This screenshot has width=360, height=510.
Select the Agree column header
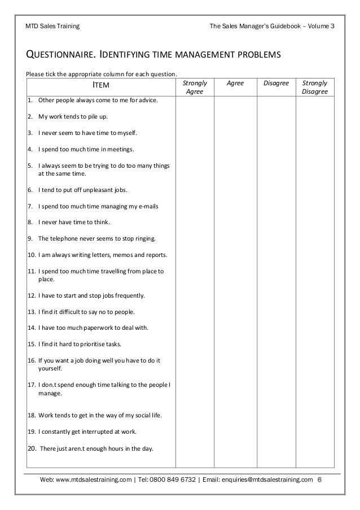[235, 83]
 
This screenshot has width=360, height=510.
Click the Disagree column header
[276, 83]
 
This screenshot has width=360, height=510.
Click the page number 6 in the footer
[320, 480]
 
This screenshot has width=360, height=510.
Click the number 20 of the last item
[32, 449]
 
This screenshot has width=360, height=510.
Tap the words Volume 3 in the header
[321, 26]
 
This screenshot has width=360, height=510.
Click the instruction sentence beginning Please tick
[102, 74]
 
